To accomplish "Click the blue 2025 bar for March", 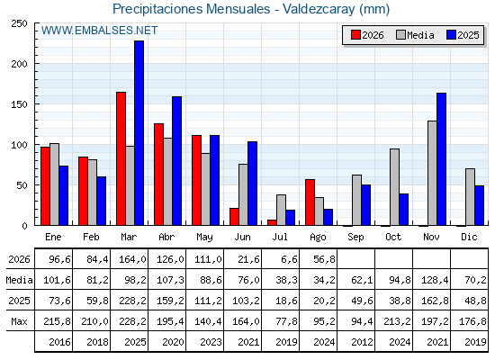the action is click(139, 133).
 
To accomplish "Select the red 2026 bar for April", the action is click(158, 175).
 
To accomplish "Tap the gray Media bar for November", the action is click(432, 173).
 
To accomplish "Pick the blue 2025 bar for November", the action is click(442, 159).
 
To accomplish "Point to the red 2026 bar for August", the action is click(310, 202).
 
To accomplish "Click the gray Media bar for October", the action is click(395, 187).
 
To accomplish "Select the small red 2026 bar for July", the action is click(272, 222).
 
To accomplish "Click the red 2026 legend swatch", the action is click(355, 35).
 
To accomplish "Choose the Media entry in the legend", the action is click(415, 35).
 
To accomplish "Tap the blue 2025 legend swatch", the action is click(451, 35).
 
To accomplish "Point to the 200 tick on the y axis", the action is click(19, 64).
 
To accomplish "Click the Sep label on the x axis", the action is click(355, 238).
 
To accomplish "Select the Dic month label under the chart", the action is click(469, 237).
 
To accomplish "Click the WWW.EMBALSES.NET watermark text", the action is click(99, 31).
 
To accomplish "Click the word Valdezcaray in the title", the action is click(319, 9).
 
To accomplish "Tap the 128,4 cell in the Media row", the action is click(435, 280).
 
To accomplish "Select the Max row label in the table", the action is click(19, 321).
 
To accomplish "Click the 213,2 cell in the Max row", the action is click(397, 321).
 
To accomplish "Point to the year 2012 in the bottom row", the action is click(362, 342).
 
